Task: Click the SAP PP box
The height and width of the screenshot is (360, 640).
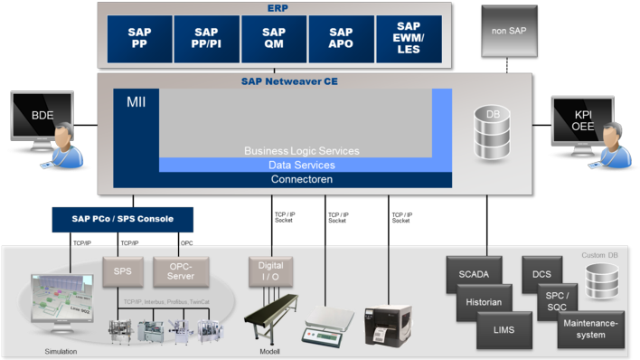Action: tap(139, 39)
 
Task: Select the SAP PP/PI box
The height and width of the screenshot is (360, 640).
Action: tap(206, 39)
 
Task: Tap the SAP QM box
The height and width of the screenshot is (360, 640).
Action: tap(274, 39)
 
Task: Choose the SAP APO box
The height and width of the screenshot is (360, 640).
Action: tap(342, 39)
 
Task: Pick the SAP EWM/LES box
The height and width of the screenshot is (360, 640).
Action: tap(409, 39)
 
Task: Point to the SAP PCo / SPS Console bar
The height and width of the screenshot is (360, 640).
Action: tap(122, 220)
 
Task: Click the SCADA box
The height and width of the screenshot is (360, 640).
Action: tap(474, 273)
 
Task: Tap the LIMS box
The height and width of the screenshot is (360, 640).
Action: tap(504, 330)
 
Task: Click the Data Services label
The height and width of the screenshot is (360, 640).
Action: tap(301, 166)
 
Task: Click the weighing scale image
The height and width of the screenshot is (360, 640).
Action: tap(328, 321)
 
